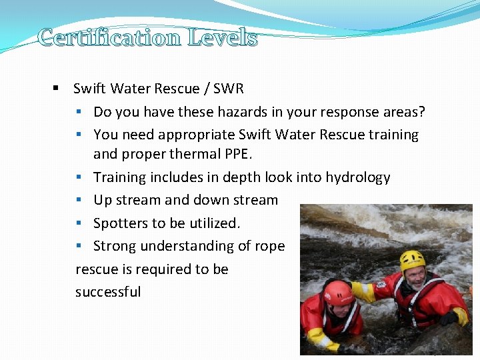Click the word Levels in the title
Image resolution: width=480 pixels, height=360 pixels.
(x=223, y=37)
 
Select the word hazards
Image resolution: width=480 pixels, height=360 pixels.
(x=235, y=111)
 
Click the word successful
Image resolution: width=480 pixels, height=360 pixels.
(x=108, y=292)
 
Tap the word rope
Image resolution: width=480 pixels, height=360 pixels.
(x=270, y=246)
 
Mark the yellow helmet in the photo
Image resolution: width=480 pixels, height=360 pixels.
(x=413, y=260)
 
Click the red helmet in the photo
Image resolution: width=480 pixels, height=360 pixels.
(x=339, y=293)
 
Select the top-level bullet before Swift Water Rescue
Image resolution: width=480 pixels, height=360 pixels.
(x=57, y=89)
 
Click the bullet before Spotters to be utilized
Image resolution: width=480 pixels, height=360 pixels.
(x=79, y=223)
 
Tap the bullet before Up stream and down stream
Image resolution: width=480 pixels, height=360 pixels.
(x=79, y=201)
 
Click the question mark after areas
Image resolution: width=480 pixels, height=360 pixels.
(x=421, y=111)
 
